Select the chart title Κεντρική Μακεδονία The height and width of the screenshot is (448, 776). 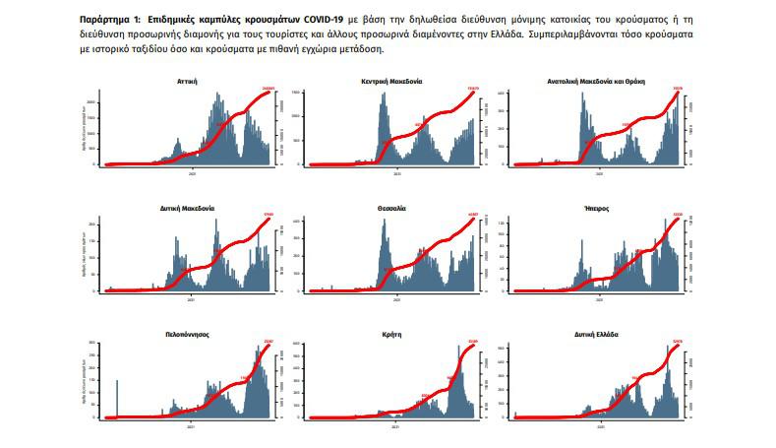[x=392, y=82]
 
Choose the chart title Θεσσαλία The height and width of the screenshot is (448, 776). [x=392, y=209]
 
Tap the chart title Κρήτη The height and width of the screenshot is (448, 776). [x=392, y=335]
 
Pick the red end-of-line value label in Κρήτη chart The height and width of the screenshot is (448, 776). [x=472, y=343]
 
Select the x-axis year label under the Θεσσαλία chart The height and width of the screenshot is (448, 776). [x=392, y=299]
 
